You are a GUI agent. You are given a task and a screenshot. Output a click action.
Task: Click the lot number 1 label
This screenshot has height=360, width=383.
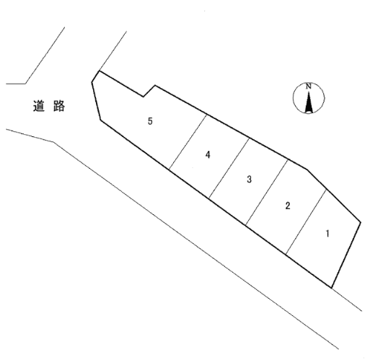[327, 234]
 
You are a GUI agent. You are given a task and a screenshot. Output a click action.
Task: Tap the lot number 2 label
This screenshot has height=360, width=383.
[288, 206]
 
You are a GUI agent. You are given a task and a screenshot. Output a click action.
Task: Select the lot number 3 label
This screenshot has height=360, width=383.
[249, 179]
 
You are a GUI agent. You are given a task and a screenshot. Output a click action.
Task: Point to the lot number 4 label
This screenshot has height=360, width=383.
[208, 154]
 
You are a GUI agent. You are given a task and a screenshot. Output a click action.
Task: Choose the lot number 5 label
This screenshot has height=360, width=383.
[150, 121]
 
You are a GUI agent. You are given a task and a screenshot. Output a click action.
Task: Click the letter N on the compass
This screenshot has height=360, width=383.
[309, 87]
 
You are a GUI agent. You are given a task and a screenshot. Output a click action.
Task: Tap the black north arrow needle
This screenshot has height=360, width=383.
[309, 102]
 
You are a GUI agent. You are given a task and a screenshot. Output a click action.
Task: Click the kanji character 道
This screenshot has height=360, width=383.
[39, 106]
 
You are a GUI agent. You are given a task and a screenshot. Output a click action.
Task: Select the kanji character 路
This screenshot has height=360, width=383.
[59, 106]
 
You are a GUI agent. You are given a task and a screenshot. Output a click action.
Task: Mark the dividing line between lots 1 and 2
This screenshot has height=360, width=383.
[306, 222]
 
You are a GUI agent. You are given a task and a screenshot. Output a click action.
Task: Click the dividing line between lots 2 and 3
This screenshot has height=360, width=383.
[267, 192]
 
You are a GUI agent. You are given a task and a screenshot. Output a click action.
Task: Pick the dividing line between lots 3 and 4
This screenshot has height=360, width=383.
[229, 168]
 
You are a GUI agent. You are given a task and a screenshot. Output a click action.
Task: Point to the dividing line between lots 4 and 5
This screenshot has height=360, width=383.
[188, 142]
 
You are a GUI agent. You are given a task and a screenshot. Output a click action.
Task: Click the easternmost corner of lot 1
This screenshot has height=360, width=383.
[361, 222]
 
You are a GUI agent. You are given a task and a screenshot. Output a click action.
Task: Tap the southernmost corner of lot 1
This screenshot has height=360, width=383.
[332, 288]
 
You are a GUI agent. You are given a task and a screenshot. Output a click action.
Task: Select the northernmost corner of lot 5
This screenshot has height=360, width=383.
[99, 71]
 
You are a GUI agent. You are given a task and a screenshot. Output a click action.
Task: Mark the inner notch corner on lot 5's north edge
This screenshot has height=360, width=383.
[144, 97]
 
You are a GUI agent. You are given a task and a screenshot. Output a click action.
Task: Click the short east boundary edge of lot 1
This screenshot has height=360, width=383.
[346, 255]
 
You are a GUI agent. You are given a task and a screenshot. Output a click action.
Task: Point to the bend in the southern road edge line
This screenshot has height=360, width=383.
[53, 141]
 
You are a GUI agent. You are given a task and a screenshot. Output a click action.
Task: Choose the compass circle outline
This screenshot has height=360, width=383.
[293, 98]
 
